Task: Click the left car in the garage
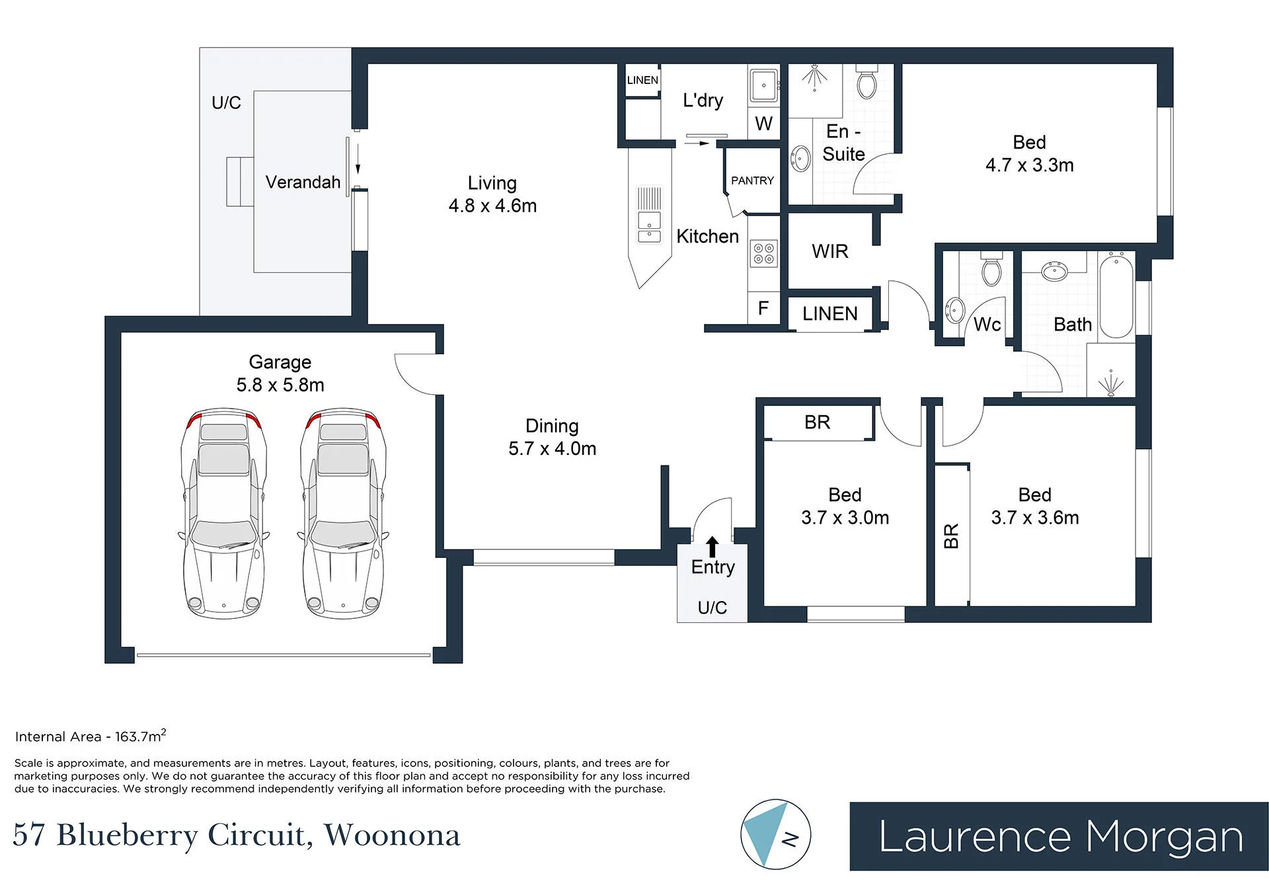(224, 514)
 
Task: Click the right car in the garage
(344, 514)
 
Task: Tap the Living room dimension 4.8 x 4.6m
(492, 206)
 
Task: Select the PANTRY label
(752, 181)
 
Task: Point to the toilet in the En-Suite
(866, 82)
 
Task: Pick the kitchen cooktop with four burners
(764, 254)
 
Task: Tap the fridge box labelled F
(763, 308)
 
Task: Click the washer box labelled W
(763, 124)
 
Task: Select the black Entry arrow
(712, 547)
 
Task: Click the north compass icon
(775, 834)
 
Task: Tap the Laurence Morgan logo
(1059, 836)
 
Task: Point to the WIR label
(830, 251)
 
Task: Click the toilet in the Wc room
(991, 268)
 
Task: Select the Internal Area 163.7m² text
(91, 735)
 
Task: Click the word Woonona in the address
(392, 834)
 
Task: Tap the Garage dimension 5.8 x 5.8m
(280, 385)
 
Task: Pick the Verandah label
(303, 182)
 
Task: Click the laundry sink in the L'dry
(764, 85)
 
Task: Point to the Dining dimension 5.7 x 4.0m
(552, 449)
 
